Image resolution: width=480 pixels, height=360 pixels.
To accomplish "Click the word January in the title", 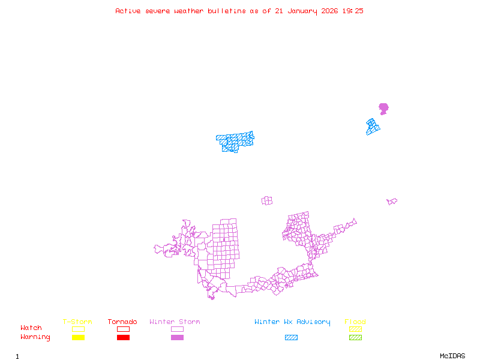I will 301,11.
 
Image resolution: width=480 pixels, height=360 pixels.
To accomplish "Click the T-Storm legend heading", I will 77,322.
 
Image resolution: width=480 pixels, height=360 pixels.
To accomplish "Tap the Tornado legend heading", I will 122,322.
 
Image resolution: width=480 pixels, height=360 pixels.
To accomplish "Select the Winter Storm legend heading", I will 175,322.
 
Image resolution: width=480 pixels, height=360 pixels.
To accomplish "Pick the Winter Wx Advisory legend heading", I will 292,322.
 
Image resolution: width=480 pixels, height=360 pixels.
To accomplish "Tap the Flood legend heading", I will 355,322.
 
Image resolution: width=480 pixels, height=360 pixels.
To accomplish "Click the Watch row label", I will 31,328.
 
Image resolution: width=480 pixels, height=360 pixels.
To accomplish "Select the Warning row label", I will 35,337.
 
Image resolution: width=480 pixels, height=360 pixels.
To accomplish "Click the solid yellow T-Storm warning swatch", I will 78,338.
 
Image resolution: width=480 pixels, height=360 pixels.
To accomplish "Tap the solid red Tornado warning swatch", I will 123,338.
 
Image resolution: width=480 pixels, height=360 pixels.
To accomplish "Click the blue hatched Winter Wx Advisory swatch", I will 291,338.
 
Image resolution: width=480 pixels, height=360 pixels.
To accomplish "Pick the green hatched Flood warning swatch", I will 355,338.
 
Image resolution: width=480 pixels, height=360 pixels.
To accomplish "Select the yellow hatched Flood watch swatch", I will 355,329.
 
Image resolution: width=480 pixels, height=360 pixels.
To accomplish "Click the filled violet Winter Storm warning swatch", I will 177,338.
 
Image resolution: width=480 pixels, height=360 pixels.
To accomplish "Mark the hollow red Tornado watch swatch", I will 123,329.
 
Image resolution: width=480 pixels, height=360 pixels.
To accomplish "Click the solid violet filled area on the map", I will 383,108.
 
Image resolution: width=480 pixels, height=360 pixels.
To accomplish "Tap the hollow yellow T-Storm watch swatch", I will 78,329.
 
